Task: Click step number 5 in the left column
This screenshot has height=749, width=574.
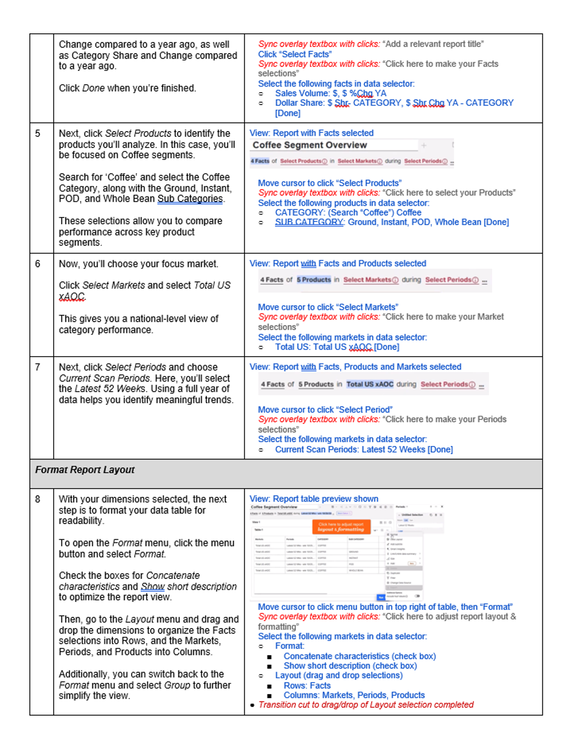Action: tap(38, 133)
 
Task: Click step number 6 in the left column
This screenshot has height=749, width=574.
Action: tap(38, 264)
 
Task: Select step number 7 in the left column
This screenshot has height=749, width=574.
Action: tap(38, 367)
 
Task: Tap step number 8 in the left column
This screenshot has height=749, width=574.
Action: tap(38, 499)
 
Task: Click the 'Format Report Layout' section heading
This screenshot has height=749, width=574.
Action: tap(85, 470)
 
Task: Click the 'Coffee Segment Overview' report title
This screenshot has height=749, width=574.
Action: tap(310, 145)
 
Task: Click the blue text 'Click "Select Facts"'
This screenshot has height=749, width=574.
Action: tap(295, 54)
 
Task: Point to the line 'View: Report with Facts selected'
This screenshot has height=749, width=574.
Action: tap(311, 133)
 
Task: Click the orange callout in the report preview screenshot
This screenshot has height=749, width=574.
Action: tap(341, 527)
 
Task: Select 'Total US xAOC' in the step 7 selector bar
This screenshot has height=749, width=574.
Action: tap(369, 384)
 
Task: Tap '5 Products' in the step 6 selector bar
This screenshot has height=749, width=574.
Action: tap(314, 280)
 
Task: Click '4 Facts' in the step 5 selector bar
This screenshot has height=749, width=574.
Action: tap(260, 161)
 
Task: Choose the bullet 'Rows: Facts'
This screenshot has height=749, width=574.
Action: tap(307, 686)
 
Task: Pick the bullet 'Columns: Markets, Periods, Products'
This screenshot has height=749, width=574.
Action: tap(354, 695)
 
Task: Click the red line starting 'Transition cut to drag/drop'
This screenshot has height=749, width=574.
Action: tap(366, 705)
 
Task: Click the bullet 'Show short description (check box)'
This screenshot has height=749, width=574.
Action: tap(350, 666)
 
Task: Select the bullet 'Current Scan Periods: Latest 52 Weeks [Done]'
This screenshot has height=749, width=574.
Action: tap(364, 450)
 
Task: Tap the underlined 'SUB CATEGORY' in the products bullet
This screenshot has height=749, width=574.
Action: tap(309, 222)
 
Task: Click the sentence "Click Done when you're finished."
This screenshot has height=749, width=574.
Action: tap(127, 88)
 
